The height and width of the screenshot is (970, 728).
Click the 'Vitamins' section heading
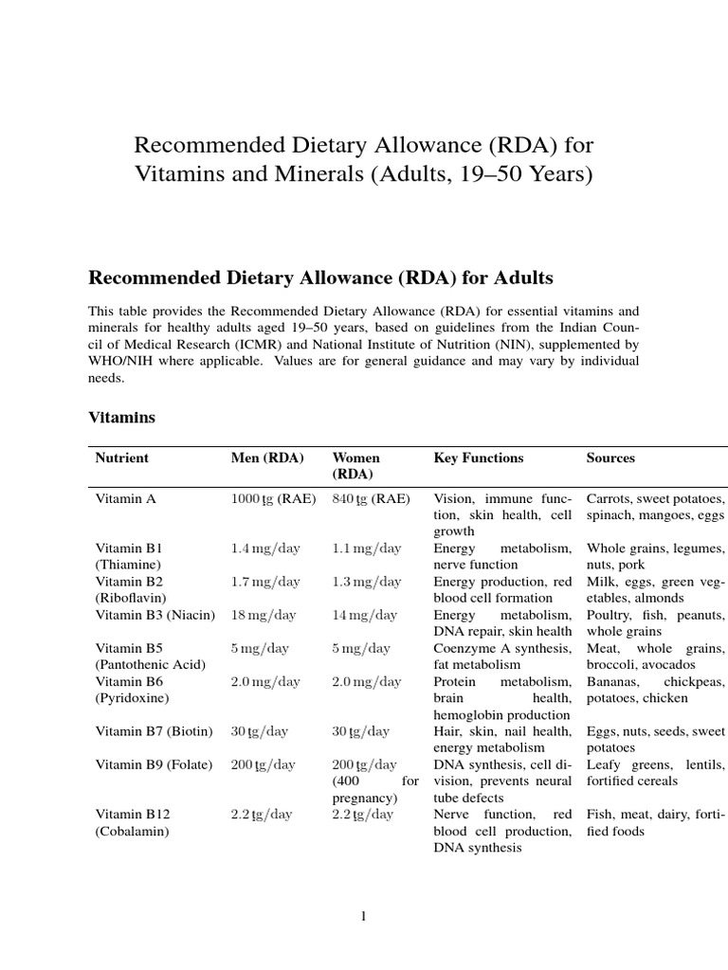(121, 417)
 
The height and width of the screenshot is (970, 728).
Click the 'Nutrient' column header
(121, 458)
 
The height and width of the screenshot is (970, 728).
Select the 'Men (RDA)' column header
(267, 458)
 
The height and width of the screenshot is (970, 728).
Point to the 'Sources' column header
(610, 458)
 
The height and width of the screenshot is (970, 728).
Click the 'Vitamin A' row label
(125, 497)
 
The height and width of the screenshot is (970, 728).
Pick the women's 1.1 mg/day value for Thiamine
(366, 548)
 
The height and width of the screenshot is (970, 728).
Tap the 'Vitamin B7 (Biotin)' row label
(155, 731)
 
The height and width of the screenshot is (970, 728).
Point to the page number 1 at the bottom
(363, 915)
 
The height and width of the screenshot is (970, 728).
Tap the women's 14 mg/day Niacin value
(365, 615)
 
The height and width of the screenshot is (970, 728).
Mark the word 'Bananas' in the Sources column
(612, 681)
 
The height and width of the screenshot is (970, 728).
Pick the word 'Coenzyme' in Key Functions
(464, 648)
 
